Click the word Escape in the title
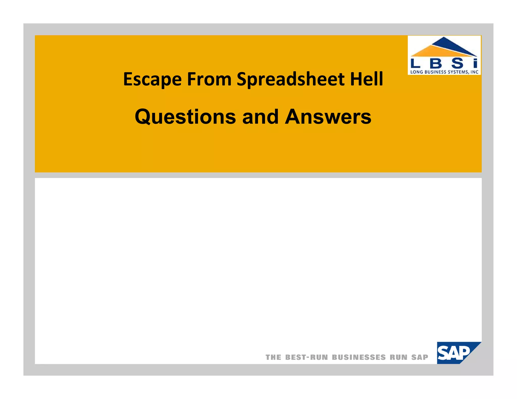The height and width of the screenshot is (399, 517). point(152,79)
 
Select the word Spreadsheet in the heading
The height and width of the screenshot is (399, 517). point(290,79)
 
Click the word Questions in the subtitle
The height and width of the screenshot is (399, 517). point(185,117)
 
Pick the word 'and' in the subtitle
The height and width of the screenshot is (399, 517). point(260,117)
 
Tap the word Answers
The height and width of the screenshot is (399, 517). point(328,117)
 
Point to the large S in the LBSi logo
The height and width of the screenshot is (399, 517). point(457,63)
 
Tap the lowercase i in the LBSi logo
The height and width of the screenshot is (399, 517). point(475,63)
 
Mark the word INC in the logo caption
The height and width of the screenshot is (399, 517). point(475,72)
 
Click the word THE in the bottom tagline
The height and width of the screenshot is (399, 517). point(273,357)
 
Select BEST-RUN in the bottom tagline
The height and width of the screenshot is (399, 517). point(306,357)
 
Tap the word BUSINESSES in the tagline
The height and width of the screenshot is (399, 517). point(359,357)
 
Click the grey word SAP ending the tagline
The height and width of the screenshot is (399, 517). point(420,357)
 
